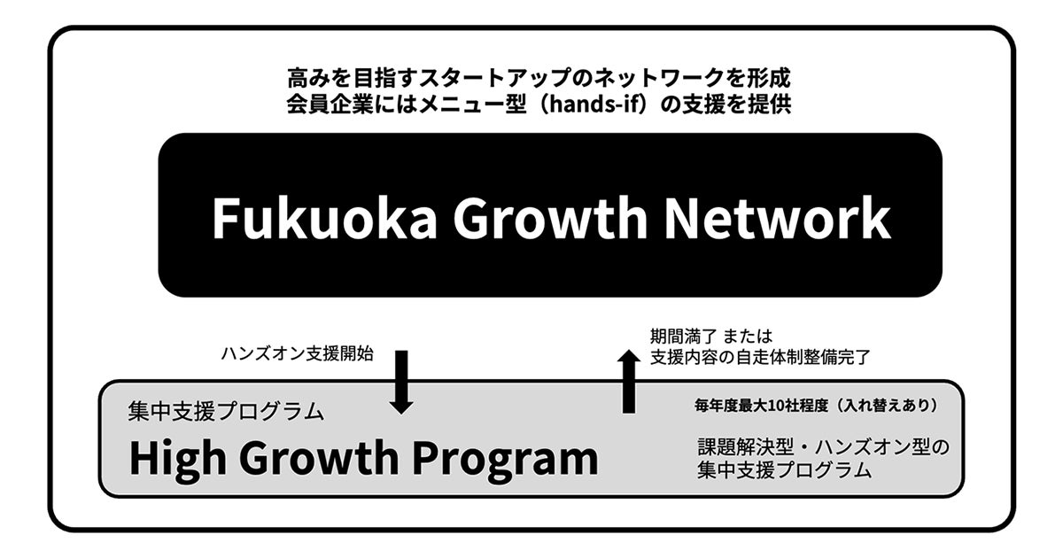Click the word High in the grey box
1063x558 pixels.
(176, 458)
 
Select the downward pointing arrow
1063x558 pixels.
(401, 382)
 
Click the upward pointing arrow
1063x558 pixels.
(628, 381)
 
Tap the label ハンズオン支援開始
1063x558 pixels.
(297, 353)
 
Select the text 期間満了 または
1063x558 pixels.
(711, 337)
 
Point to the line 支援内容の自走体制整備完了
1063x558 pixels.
(761, 358)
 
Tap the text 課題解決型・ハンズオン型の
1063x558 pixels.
(823, 447)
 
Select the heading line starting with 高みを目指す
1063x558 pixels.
(539, 77)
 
